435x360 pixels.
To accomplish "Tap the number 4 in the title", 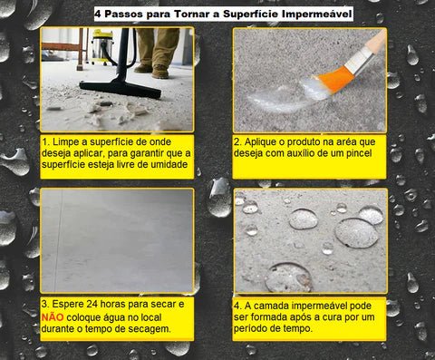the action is pyautogui.click(x=99, y=15).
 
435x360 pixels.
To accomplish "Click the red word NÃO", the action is pyautogui.click(x=53, y=317).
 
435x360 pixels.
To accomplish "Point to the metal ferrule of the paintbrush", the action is pyautogui.click(x=359, y=62).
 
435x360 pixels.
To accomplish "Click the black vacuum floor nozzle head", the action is pyautogui.click(x=121, y=88).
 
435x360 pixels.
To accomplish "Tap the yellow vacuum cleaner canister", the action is pyautogui.click(x=102, y=47).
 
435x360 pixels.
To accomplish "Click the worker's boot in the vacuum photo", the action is pyautogui.click(x=159, y=72).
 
